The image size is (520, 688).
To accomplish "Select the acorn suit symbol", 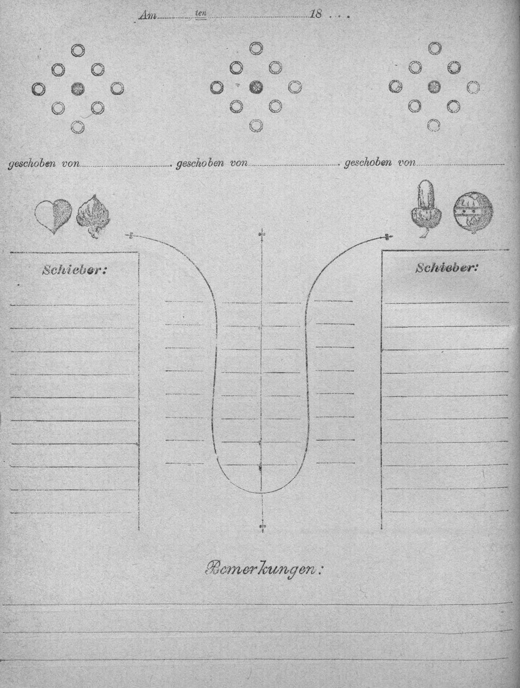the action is (426, 208).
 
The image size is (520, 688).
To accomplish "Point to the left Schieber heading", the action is (74, 270).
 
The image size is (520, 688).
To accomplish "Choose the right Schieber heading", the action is (447, 268).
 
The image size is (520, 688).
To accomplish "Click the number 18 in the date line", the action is (316, 15).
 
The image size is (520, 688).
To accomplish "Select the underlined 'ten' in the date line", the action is (201, 14).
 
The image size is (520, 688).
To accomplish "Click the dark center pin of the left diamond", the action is (77, 89).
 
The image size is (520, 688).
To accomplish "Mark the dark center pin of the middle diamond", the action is (256, 87).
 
